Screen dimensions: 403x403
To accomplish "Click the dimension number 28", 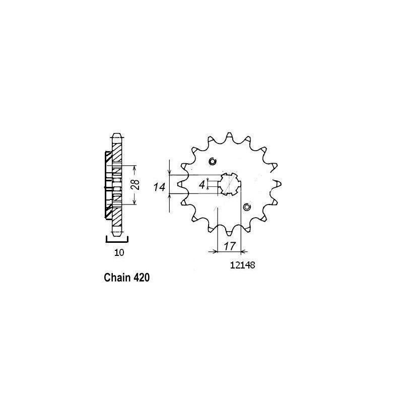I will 135,185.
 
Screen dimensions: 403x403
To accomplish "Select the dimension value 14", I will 160,187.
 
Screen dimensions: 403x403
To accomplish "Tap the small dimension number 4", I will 202,185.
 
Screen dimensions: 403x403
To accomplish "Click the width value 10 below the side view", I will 118,252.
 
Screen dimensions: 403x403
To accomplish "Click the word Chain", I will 115,277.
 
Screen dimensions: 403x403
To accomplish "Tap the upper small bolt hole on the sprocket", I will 212,162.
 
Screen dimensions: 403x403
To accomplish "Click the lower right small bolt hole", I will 247,207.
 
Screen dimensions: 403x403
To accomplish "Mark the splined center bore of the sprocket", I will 230,184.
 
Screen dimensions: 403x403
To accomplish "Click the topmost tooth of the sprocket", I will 229,137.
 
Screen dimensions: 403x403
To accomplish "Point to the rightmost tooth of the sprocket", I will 278,184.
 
